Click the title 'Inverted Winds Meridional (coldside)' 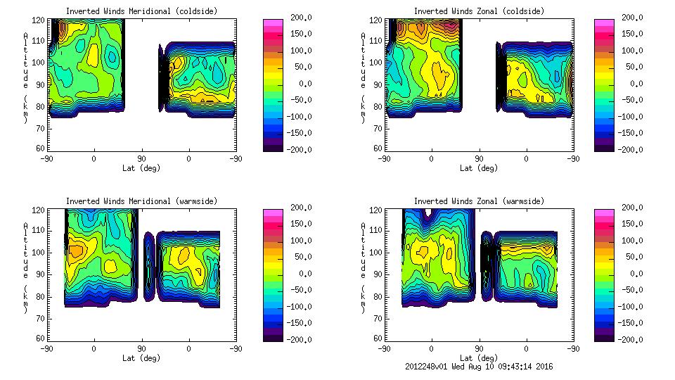pyautogui.click(x=142, y=11)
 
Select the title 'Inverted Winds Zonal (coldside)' pyautogui.click(x=479, y=11)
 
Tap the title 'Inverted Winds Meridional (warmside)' pyautogui.click(x=142, y=201)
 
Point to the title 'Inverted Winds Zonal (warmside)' pyautogui.click(x=479, y=201)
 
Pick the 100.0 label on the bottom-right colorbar pyautogui.click(x=633, y=240)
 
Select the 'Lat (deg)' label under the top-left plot pyautogui.click(x=142, y=168)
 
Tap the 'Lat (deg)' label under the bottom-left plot pyautogui.click(x=142, y=358)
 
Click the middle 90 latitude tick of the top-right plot pyautogui.click(x=480, y=158)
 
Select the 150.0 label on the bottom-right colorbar pyautogui.click(x=633, y=224)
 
